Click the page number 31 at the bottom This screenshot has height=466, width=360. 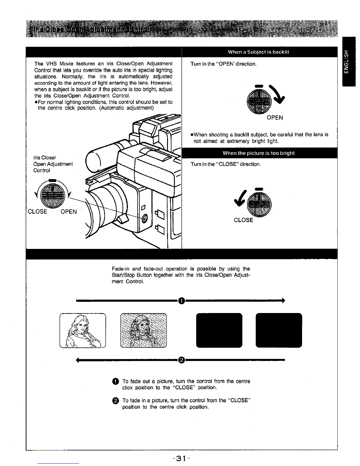click(x=180, y=458)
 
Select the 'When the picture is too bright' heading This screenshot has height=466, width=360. click(x=259, y=153)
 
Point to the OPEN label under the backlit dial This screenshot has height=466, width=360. click(x=275, y=118)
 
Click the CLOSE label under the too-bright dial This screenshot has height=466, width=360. click(x=244, y=220)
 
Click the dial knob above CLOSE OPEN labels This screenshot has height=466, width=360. click(x=52, y=195)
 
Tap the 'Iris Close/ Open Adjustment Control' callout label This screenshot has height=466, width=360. click(x=53, y=164)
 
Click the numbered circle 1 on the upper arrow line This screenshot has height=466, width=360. click(x=182, y=300)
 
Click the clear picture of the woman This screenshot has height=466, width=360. click(x=83, y=331)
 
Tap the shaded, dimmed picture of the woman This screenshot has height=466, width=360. click(x=143, y=331)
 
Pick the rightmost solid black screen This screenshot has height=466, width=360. click(x=279, y=330)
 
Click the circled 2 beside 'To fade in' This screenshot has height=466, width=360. click(x=115, y=401)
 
